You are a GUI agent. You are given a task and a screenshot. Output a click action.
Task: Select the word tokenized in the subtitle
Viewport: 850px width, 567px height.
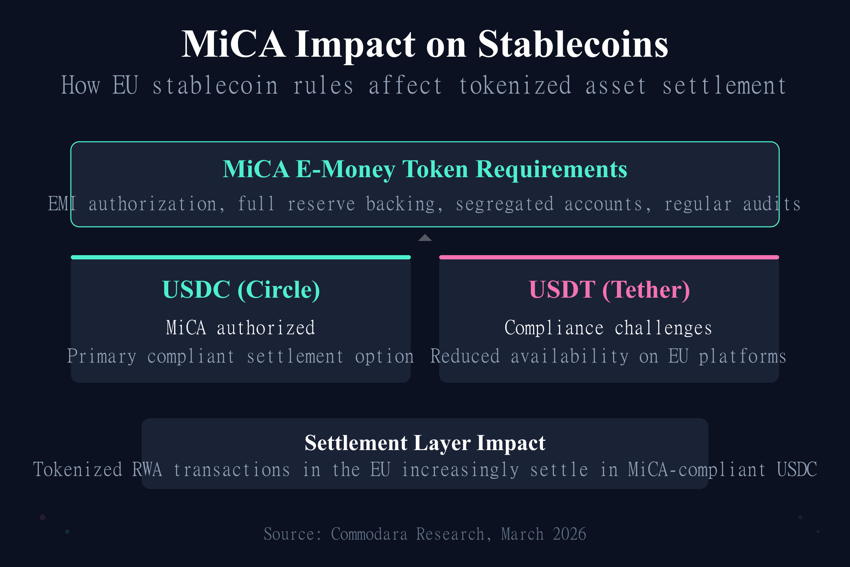click(x=515, y=86)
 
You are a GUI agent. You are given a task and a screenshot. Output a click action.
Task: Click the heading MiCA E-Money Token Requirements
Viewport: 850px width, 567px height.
click(x=425, y=169)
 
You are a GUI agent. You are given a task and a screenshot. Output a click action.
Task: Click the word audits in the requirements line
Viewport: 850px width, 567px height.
click(x=772, y=204)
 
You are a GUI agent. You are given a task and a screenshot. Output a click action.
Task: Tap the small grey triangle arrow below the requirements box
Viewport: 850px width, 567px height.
click(x=425, y=238)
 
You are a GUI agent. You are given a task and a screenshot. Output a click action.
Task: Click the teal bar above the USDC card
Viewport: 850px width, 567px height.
click(x=241, y=258)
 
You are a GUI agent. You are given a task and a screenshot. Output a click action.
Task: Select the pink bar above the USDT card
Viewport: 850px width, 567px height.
click(x=609, y=258)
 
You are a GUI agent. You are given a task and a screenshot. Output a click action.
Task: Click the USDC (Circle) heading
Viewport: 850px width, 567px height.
click(x=241, y=290)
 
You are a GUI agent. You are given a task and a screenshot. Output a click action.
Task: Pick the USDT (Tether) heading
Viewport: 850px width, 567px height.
click(x=609, y=290)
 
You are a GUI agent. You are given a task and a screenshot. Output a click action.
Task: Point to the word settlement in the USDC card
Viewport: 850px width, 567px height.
click(x=295, y=357)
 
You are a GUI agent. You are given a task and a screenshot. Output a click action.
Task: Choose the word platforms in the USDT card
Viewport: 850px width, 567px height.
click(x=742, y=357)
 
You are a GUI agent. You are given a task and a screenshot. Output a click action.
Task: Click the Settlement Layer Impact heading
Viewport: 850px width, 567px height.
click(x=425, y=443)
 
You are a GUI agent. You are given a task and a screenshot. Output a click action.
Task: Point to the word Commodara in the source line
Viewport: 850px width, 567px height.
click(x=369, y=534)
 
